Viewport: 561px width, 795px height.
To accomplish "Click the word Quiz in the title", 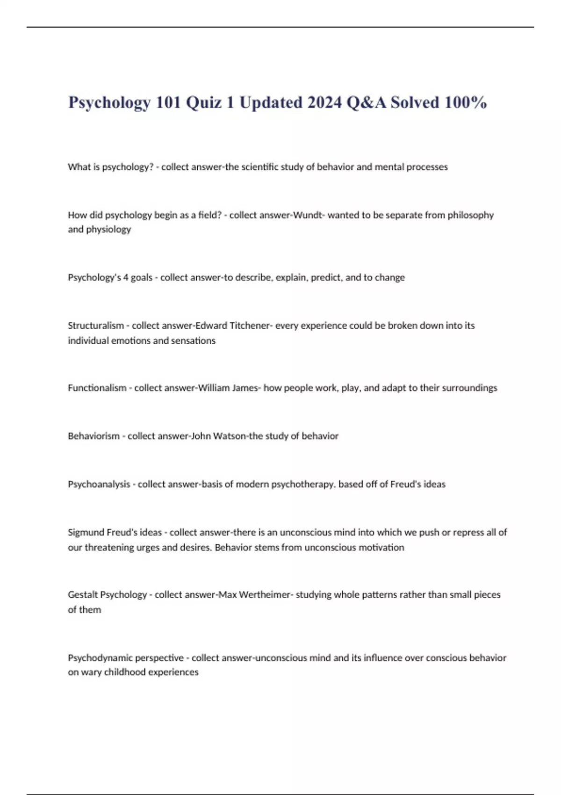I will point(203,102).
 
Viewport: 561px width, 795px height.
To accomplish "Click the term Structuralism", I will point(96,325).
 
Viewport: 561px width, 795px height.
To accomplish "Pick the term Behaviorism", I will point(94,436).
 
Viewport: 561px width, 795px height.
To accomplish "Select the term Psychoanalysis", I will point(99,484).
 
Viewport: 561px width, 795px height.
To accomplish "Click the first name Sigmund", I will point(86,532).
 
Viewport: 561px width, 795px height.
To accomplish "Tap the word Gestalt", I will point(83,595).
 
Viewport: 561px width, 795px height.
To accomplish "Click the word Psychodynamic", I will point(97,658).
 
